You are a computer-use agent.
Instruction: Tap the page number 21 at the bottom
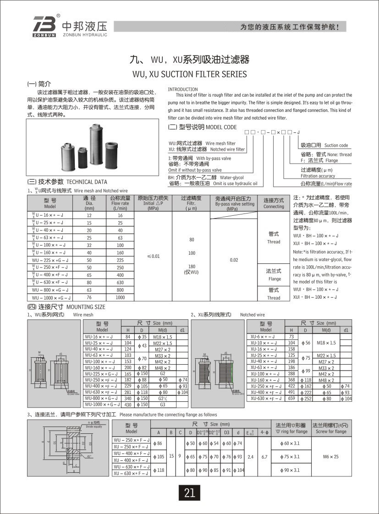189,493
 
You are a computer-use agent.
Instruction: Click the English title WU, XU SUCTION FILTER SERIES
189,74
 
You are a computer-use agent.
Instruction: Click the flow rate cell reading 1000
120,298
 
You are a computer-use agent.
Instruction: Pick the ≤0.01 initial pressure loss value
154,257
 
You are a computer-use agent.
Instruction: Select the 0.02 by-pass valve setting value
234,260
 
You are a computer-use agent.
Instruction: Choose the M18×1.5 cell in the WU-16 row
162,337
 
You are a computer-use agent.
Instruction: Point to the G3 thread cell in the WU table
162,405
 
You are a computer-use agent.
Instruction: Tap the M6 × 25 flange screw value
329,456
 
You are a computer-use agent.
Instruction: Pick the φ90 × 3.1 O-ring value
290,470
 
